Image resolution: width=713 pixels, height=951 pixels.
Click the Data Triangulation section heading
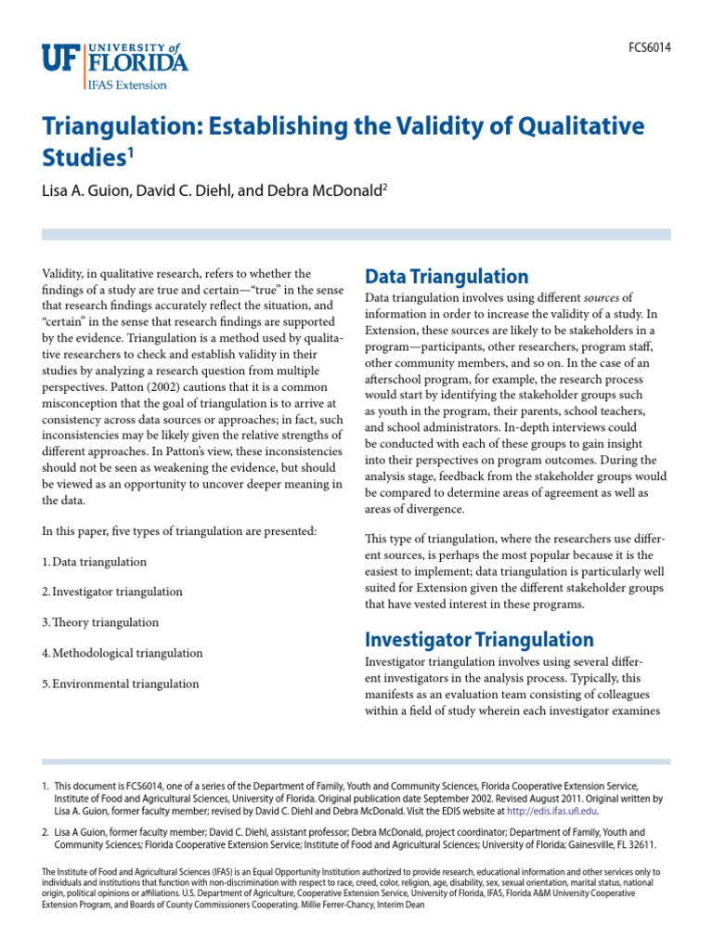[447, 276]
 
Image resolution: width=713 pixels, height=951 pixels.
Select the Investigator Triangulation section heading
[479, 639]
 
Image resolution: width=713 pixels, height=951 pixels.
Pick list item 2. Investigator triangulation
[111, 593]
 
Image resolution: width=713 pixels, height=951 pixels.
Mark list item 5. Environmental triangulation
[120, 684]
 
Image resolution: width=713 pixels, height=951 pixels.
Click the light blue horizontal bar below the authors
[356, 235]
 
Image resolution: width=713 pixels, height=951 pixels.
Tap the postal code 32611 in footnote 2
[642, 845]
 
